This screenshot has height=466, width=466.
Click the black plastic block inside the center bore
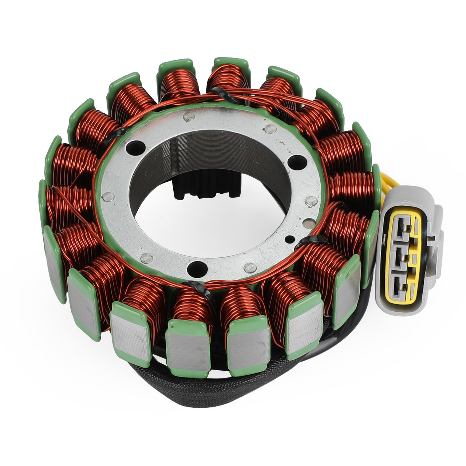point(208,189)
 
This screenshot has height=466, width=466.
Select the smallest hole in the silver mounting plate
point(289,239)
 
